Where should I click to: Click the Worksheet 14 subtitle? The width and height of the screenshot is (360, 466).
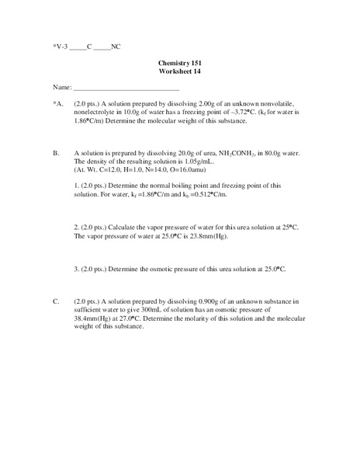pyautogui.click(x=180, y=72)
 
